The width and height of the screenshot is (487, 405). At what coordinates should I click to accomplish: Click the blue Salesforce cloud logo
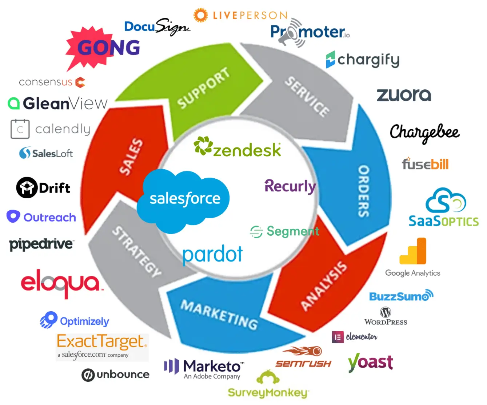(184, 199)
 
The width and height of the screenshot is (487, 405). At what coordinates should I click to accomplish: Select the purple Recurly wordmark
(290, 186)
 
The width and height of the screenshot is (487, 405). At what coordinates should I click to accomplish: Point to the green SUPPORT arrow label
(203, 88)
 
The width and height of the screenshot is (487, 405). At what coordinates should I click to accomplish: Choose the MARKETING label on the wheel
(219, 315)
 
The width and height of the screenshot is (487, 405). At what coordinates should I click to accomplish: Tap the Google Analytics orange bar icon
(413, 251)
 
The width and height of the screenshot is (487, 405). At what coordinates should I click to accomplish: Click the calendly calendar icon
(20, 129)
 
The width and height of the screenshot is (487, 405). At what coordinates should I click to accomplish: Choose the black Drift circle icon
(27, 188)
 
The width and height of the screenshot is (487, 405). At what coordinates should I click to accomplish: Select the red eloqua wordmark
(60, 283)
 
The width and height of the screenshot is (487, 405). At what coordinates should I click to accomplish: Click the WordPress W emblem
(386, 312)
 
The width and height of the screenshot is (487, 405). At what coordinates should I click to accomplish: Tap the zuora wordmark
(404, 95)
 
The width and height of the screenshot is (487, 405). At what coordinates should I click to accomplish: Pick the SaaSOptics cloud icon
(446, 201)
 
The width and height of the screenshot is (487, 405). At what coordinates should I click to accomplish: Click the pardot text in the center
(212, 254)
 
